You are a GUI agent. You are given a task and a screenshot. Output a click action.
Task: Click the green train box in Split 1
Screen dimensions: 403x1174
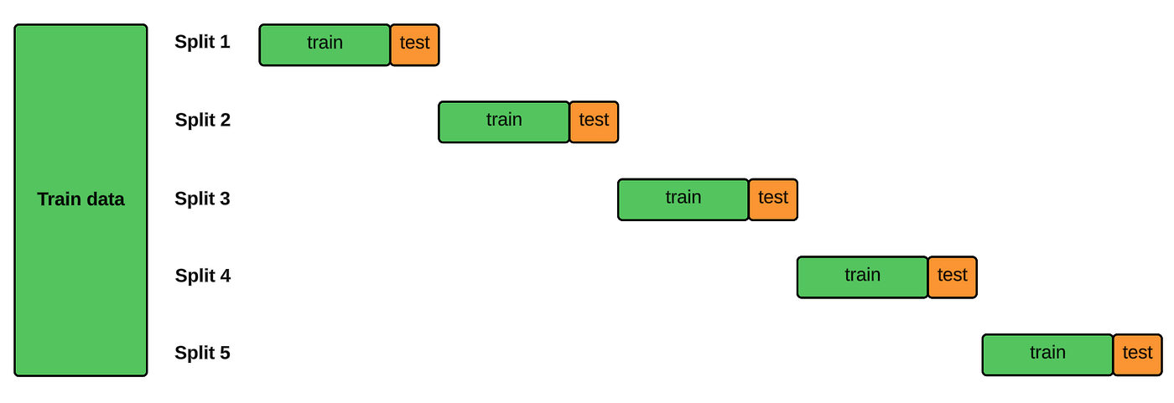pyautogui.click(x=325, y=44)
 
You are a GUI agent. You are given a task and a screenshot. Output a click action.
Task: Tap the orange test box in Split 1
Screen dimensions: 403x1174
pyautogui.click(x=414, y=44)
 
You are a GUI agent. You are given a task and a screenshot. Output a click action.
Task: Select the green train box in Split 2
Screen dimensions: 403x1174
pyautogui.click(x=504, y=122)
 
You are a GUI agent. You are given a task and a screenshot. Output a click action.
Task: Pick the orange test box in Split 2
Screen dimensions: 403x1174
pyautogui.click(x=594, y=122)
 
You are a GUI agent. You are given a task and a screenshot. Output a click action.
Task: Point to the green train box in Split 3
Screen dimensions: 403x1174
pyautogui.click(x=683, y=199)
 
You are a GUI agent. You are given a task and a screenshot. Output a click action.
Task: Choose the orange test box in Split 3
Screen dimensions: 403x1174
pyautogui.click(x=773, y=199)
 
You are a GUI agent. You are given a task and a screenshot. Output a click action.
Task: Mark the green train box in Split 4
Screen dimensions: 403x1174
pyautogui.click(x=862, y=277)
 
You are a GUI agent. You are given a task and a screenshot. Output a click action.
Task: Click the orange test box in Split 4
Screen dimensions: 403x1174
pyautogui.click(x=952, y=277)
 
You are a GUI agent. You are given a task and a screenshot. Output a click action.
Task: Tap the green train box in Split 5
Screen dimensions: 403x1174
pyautogui.click(x=1047, y=354)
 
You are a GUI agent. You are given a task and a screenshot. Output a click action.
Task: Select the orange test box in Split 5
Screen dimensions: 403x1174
pyautogui.click(x=1137, y=354)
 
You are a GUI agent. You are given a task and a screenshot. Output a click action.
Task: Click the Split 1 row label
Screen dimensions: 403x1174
pyautogui.click(x=202, y=42)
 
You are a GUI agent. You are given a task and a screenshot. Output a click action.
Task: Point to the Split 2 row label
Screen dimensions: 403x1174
pyautogui.click(x=202, y=120)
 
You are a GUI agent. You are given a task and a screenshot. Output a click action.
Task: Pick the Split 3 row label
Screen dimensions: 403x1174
pyautogui.click(x=202, y=199)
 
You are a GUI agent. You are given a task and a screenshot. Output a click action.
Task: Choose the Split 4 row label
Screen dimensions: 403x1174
pyautogui.click(x=202, y=276)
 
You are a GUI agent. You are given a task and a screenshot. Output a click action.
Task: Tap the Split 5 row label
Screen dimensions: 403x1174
pyautogui.click(x=202, y=353)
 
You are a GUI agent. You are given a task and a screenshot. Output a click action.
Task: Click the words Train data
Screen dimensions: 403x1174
pyautogui.click(x=81, y=199)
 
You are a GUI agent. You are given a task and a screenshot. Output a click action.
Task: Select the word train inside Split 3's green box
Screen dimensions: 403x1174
pyautogui.click(x=683, y=197)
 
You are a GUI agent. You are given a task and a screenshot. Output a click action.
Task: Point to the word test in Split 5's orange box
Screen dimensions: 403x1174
pyautogui.click(x=1137, y=353)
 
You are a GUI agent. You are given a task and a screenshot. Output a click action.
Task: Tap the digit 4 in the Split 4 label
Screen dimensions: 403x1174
pyautogui.click(x=225, y=276)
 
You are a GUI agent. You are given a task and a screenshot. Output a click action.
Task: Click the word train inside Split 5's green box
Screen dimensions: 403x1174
pyautogui.click(x=1047, y=353)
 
